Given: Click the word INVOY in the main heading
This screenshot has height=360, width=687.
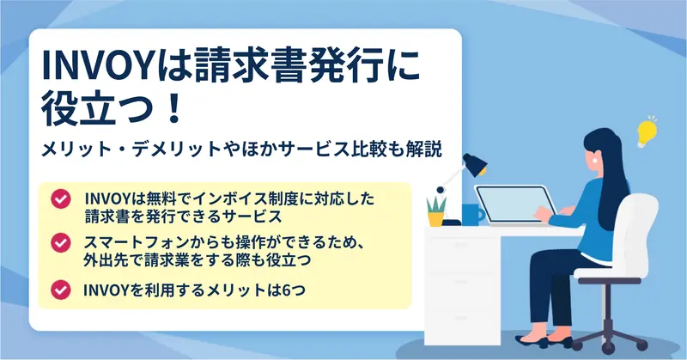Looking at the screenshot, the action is [97, 66].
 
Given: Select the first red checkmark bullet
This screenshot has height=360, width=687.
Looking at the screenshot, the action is [60, 199].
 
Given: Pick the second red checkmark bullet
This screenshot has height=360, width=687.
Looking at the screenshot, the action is [60, 242].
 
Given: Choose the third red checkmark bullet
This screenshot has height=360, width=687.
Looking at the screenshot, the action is [60, 290].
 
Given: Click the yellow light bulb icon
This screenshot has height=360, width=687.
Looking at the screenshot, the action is [647, 132].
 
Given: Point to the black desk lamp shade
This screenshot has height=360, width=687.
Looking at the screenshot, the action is [475, 165].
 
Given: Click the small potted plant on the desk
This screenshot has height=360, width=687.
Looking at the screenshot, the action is [436, 211].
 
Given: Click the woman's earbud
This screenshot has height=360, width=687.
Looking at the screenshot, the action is [595, 161].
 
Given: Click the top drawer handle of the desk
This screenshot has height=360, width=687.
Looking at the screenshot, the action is [460, 244].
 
